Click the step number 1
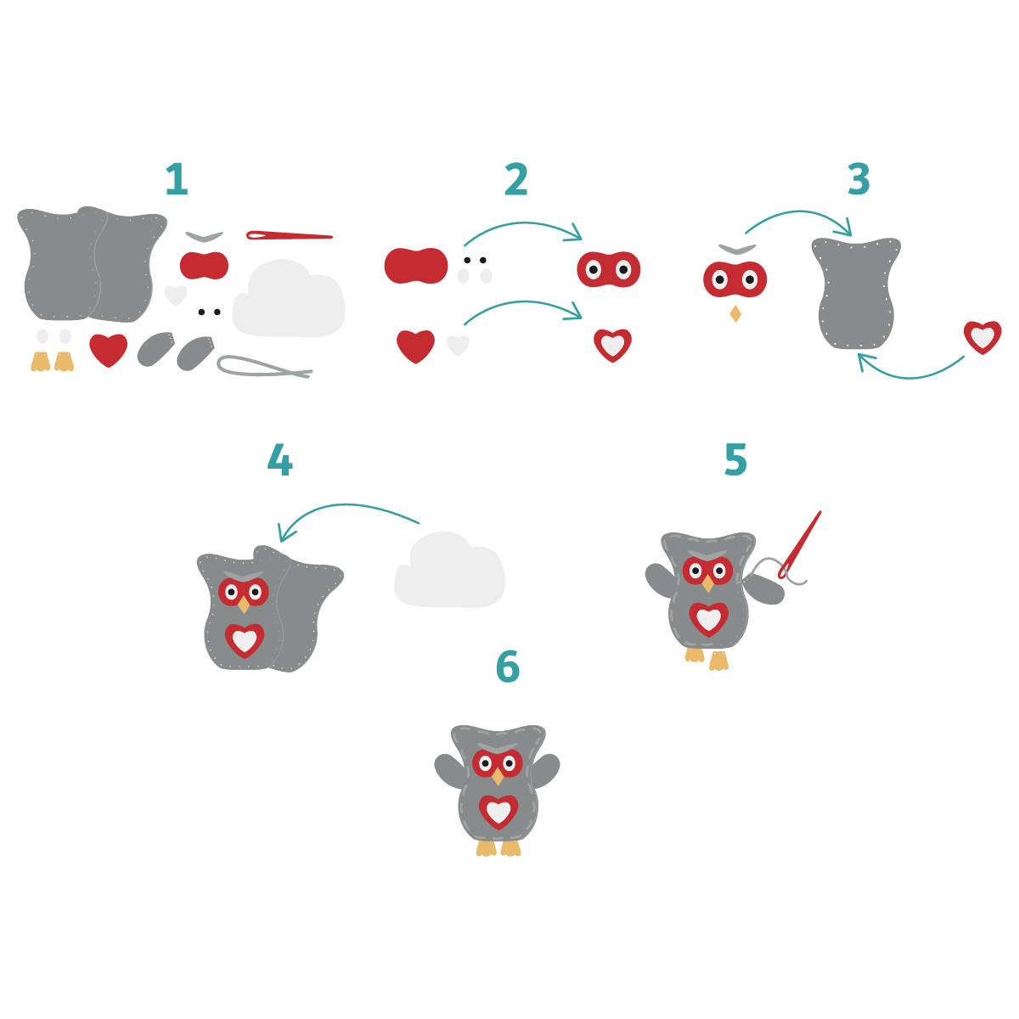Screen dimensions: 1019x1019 (176, 180)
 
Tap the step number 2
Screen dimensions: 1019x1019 (516, 180)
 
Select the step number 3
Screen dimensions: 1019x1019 (859, 180)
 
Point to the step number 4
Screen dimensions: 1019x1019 (279, 461)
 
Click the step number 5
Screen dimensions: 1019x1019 (735, 460)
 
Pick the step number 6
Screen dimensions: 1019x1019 (508, 667)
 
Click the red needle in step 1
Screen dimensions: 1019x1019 (289, 235)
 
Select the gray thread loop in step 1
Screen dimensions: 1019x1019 (263, 367)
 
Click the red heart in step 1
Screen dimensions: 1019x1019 (108, 349)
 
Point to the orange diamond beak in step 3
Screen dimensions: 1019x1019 (735, 314)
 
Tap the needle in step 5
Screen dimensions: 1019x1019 (800, 543)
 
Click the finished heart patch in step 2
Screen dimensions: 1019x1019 (612, 345)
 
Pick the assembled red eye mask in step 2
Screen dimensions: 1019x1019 (608, 270)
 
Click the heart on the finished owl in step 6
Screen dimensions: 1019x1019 (498, 812)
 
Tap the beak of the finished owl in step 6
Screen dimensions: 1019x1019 (498, 776)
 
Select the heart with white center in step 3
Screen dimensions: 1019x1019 (982, 337)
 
